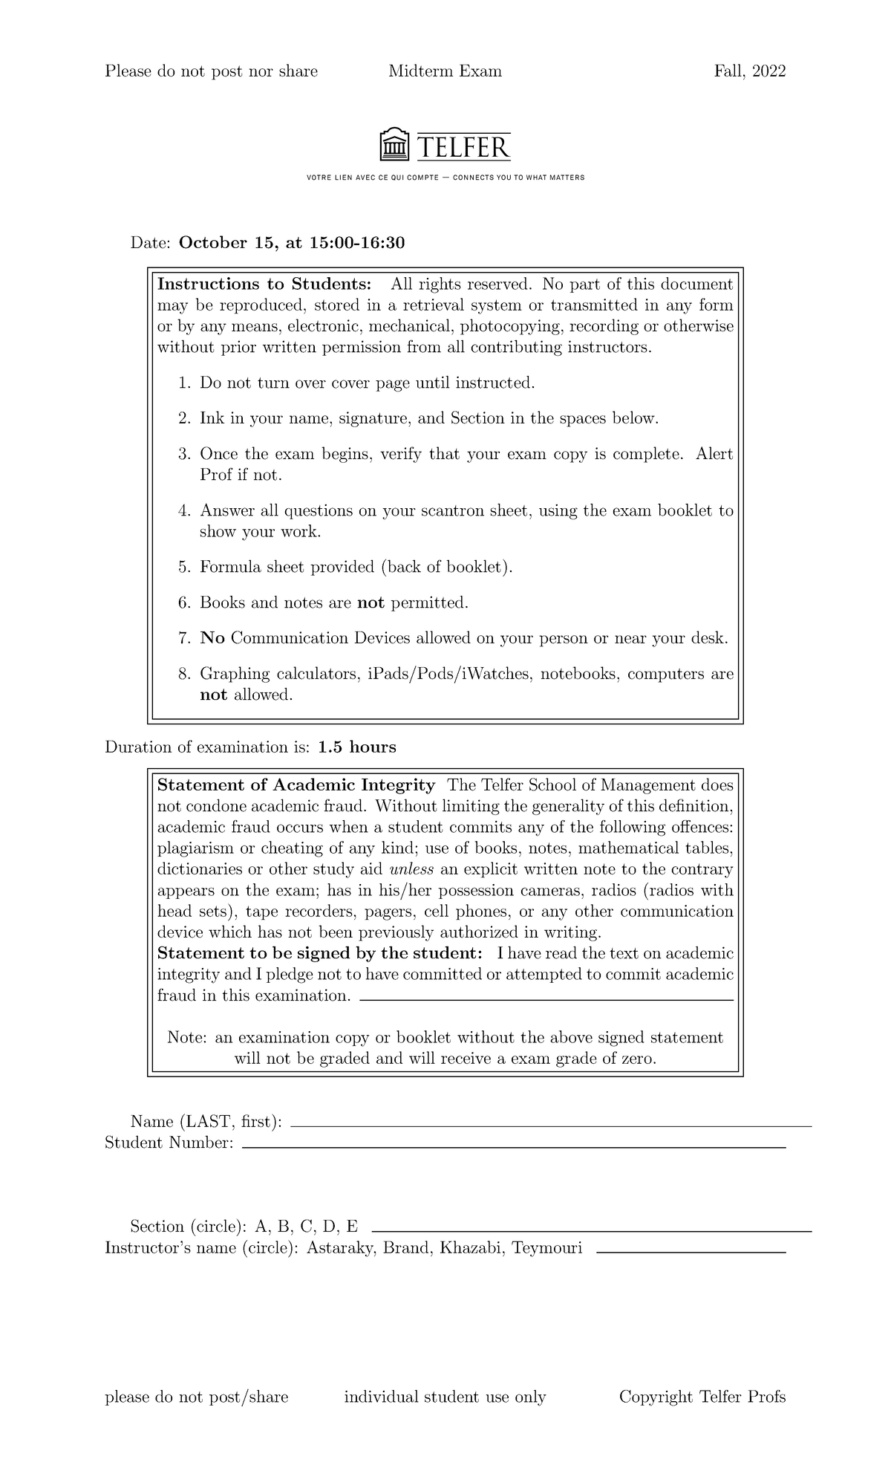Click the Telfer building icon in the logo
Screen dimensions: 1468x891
(395, 145)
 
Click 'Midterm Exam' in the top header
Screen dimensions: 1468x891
(445, 71)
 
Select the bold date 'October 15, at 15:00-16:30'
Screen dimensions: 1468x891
(292, 243)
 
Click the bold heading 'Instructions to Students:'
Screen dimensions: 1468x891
(264, 285)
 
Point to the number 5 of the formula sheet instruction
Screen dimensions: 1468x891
(183, 568)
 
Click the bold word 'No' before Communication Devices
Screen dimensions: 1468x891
(212, 639)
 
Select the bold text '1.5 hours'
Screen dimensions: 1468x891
(356, 747)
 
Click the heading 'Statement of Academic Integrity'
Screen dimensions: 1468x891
(296, 786)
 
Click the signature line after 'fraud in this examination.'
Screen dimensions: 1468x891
(546, 1000)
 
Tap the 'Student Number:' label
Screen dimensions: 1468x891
(169, 1143)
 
